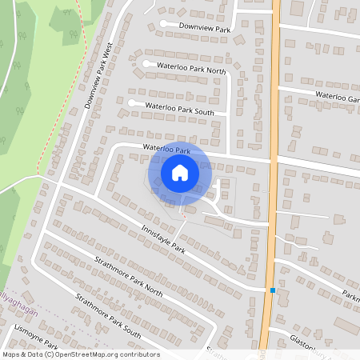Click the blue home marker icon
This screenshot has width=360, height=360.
[180, 171]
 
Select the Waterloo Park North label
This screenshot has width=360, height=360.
[192, 69]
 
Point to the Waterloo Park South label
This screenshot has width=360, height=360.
[180, 108]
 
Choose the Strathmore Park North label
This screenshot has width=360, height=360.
[127, 280]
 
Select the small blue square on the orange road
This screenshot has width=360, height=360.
[273, 290]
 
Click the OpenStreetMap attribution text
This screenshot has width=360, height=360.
[80, 354]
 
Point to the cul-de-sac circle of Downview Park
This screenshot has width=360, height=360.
[163, 24]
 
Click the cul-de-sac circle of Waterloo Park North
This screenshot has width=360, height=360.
[146, 63]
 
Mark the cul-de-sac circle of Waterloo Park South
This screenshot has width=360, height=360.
[131, 102]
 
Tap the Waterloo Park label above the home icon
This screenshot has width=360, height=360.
[166, 150]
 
